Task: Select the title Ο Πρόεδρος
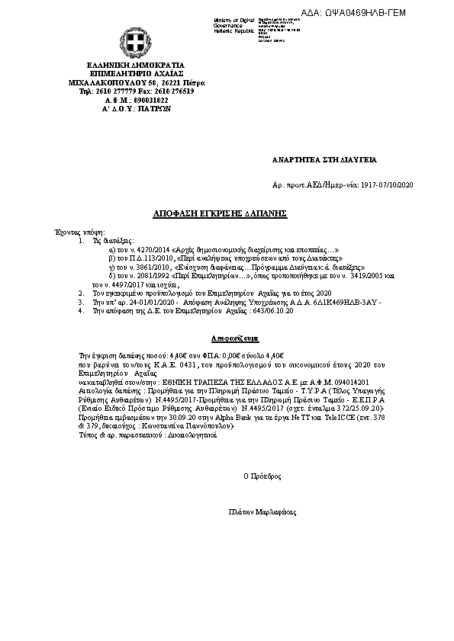point(262,476)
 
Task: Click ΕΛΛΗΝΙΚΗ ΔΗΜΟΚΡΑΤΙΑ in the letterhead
point(136,66)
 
